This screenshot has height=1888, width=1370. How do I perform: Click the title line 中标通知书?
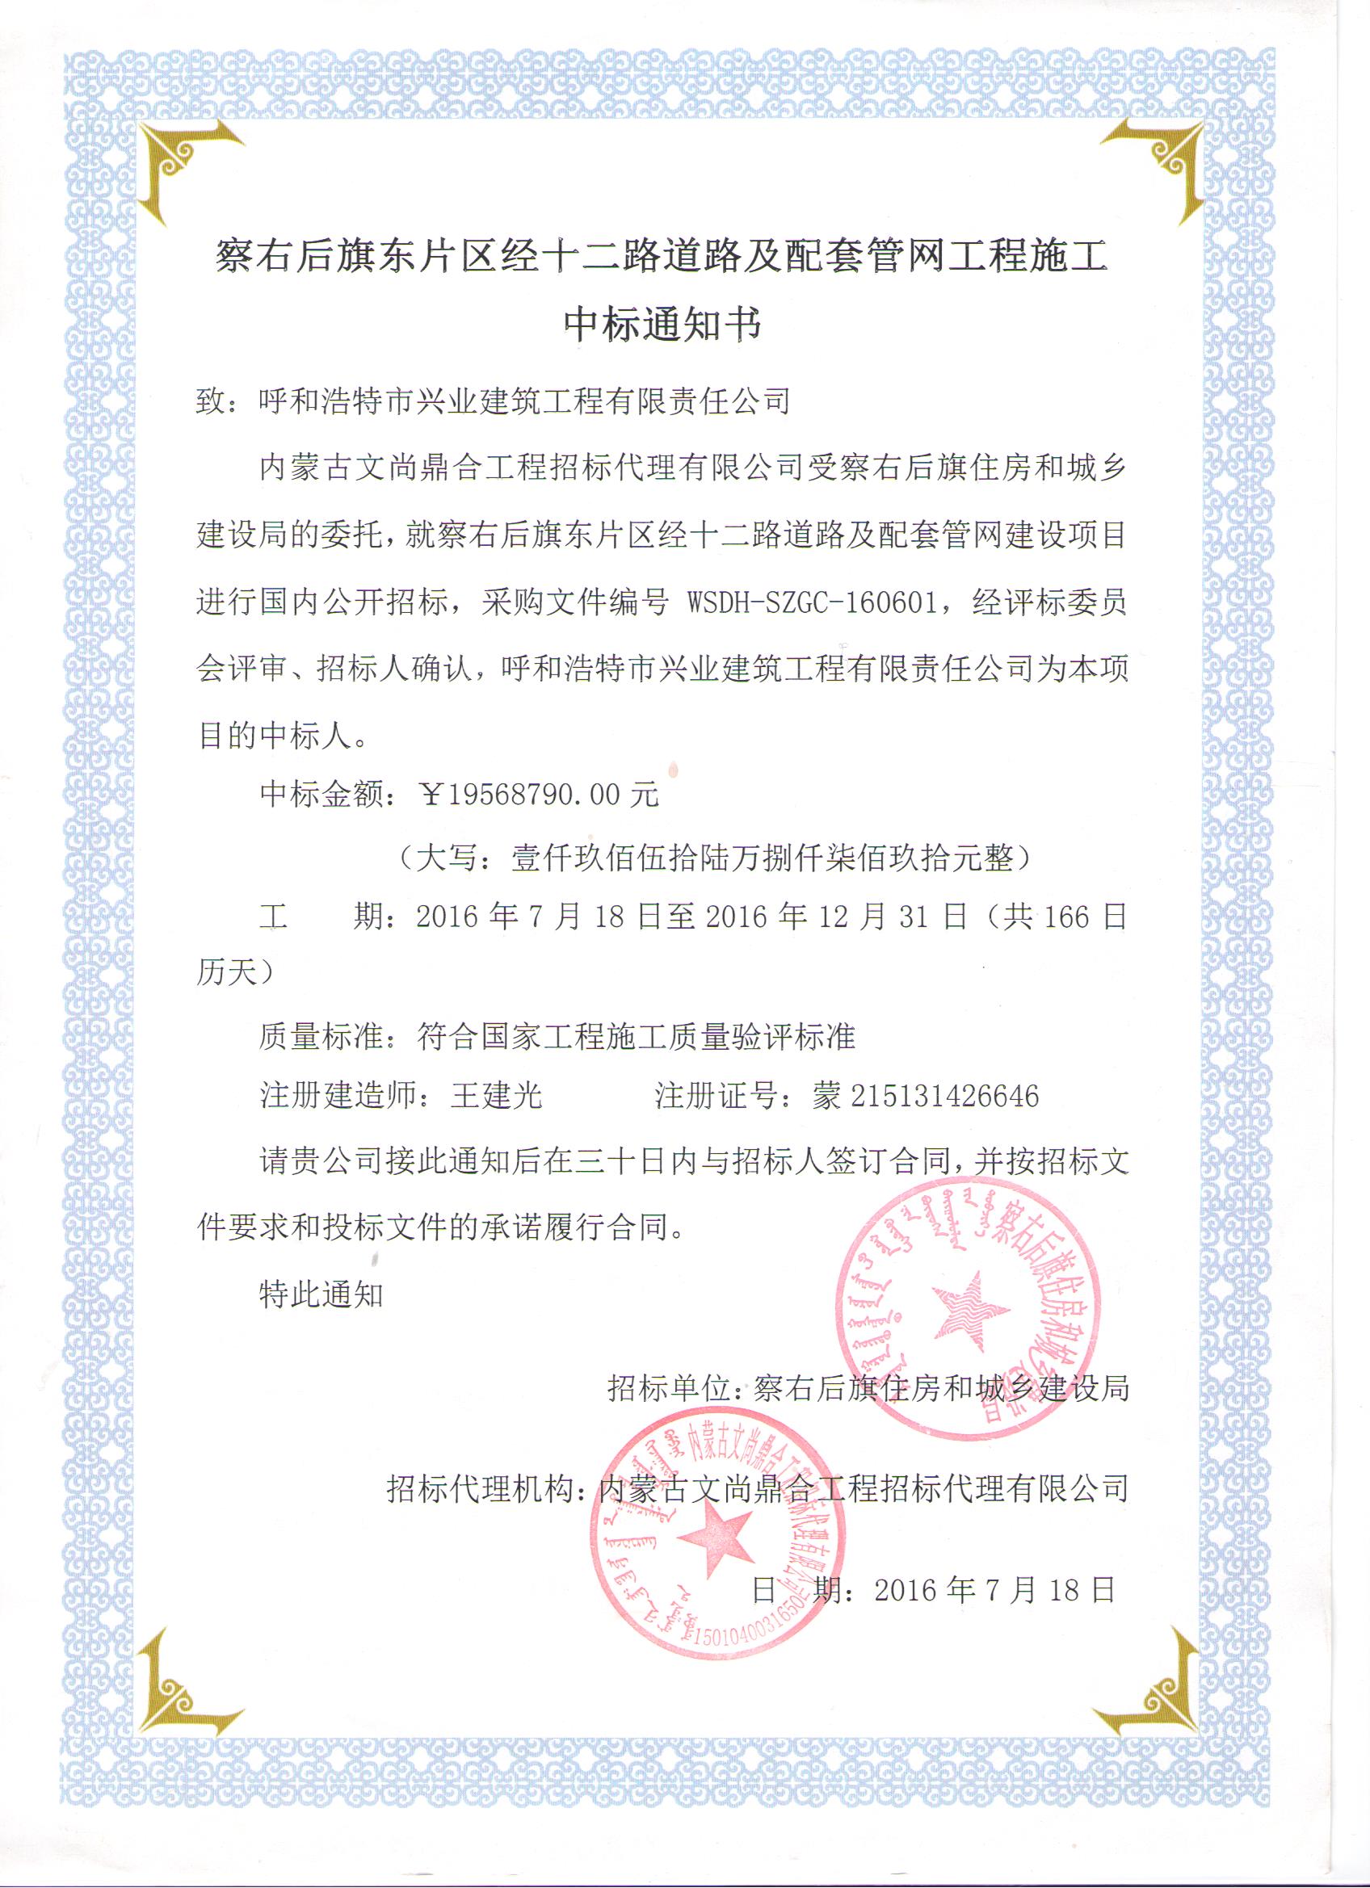(662, 324)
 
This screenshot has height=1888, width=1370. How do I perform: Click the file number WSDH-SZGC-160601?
(812, 602)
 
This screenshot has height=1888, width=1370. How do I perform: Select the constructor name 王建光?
(496, 1096)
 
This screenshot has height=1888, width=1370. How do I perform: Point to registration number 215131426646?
(944, 1096)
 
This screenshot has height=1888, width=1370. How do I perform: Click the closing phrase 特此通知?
(321, 1294)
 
